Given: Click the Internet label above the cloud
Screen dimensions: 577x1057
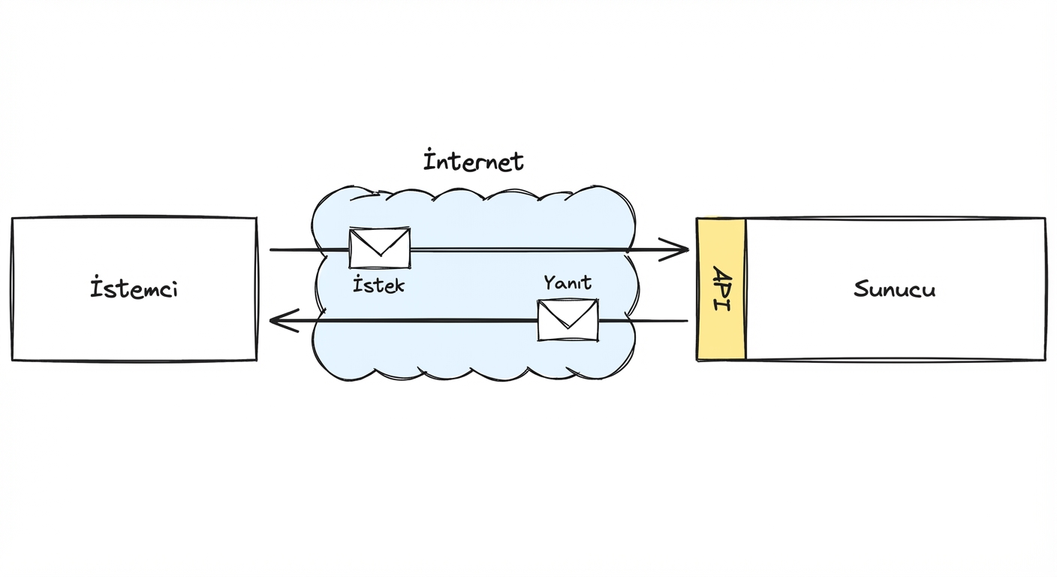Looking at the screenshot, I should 474,162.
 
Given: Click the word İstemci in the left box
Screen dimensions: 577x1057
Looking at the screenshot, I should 134,289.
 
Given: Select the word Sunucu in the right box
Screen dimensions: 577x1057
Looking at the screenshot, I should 894,289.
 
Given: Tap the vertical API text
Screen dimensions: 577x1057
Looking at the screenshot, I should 720,289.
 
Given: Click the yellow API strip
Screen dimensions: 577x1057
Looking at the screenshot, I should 721,331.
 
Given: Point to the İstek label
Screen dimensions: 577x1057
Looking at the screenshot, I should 378,285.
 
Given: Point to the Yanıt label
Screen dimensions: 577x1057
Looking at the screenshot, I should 568,283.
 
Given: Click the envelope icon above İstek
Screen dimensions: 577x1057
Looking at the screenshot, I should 380,249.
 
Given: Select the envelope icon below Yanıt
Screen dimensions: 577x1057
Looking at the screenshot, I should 568,320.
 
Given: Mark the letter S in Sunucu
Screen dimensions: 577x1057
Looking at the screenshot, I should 861,289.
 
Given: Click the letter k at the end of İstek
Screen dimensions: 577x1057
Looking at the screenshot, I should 398,285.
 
